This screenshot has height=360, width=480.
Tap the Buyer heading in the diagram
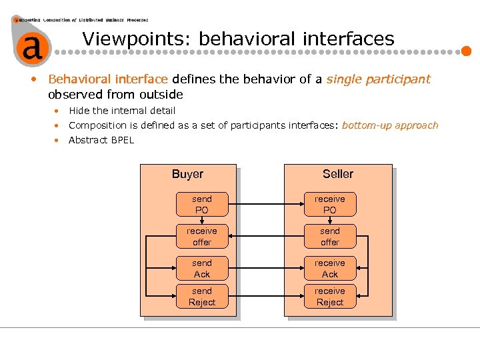click(x=187, y=174)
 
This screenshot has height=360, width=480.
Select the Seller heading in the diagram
click(x=338, y=174)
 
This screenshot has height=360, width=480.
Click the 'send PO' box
click(x=201, y=205)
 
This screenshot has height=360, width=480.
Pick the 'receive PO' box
click(x=330, y=205)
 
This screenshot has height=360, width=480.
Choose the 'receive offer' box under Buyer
click(x=201, y=237)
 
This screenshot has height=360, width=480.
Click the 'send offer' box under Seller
click(x=330, y=237)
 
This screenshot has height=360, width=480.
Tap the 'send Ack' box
click(x=201, y=269)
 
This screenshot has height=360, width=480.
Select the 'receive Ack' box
click(x=330, y=269)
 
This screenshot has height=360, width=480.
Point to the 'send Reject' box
click(x=201, y=297)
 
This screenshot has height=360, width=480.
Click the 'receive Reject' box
click(x=330, y=297)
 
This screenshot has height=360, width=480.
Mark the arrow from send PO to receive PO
click(x=265, y=205)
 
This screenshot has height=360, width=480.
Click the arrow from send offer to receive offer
click(x=265, y=237)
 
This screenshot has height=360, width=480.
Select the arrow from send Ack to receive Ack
click(x=265, y=269)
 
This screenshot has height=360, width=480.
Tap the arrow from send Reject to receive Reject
click(x=265, y=297)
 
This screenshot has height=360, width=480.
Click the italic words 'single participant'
click(x=378, y=79)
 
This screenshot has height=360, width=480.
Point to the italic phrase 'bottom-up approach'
click(x=390, y=125)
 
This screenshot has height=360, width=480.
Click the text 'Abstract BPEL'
click(x=101, y=140)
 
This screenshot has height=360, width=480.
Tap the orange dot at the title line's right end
click(x=467, y=51)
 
